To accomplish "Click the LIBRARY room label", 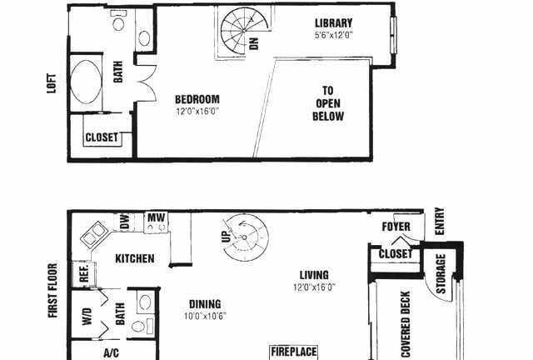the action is (333, 23).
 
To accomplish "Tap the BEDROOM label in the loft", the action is (197, 99).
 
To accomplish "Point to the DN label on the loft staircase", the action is (254, 43).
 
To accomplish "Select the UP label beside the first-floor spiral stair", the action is (227, 235).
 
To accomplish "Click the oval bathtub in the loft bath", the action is (86, 82).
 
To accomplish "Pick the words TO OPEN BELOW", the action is (328, 103).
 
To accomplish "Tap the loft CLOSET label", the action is (102, 137).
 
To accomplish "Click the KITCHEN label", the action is (135, 258).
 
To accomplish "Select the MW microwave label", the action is (156, 217).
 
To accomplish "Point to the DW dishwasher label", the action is (125, 221).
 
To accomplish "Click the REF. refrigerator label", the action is (84, 273).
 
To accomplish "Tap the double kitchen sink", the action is (94, 234).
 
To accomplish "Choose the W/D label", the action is (87, 317).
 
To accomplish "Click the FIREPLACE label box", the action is (294, 352).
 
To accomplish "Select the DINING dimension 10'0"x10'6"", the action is (205, 316).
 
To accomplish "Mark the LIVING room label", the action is (314, 275).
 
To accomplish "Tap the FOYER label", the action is (396, 227).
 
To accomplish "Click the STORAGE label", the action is (441, 274).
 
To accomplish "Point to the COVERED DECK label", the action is (406, 323).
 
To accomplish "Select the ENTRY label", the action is (440, 221).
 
